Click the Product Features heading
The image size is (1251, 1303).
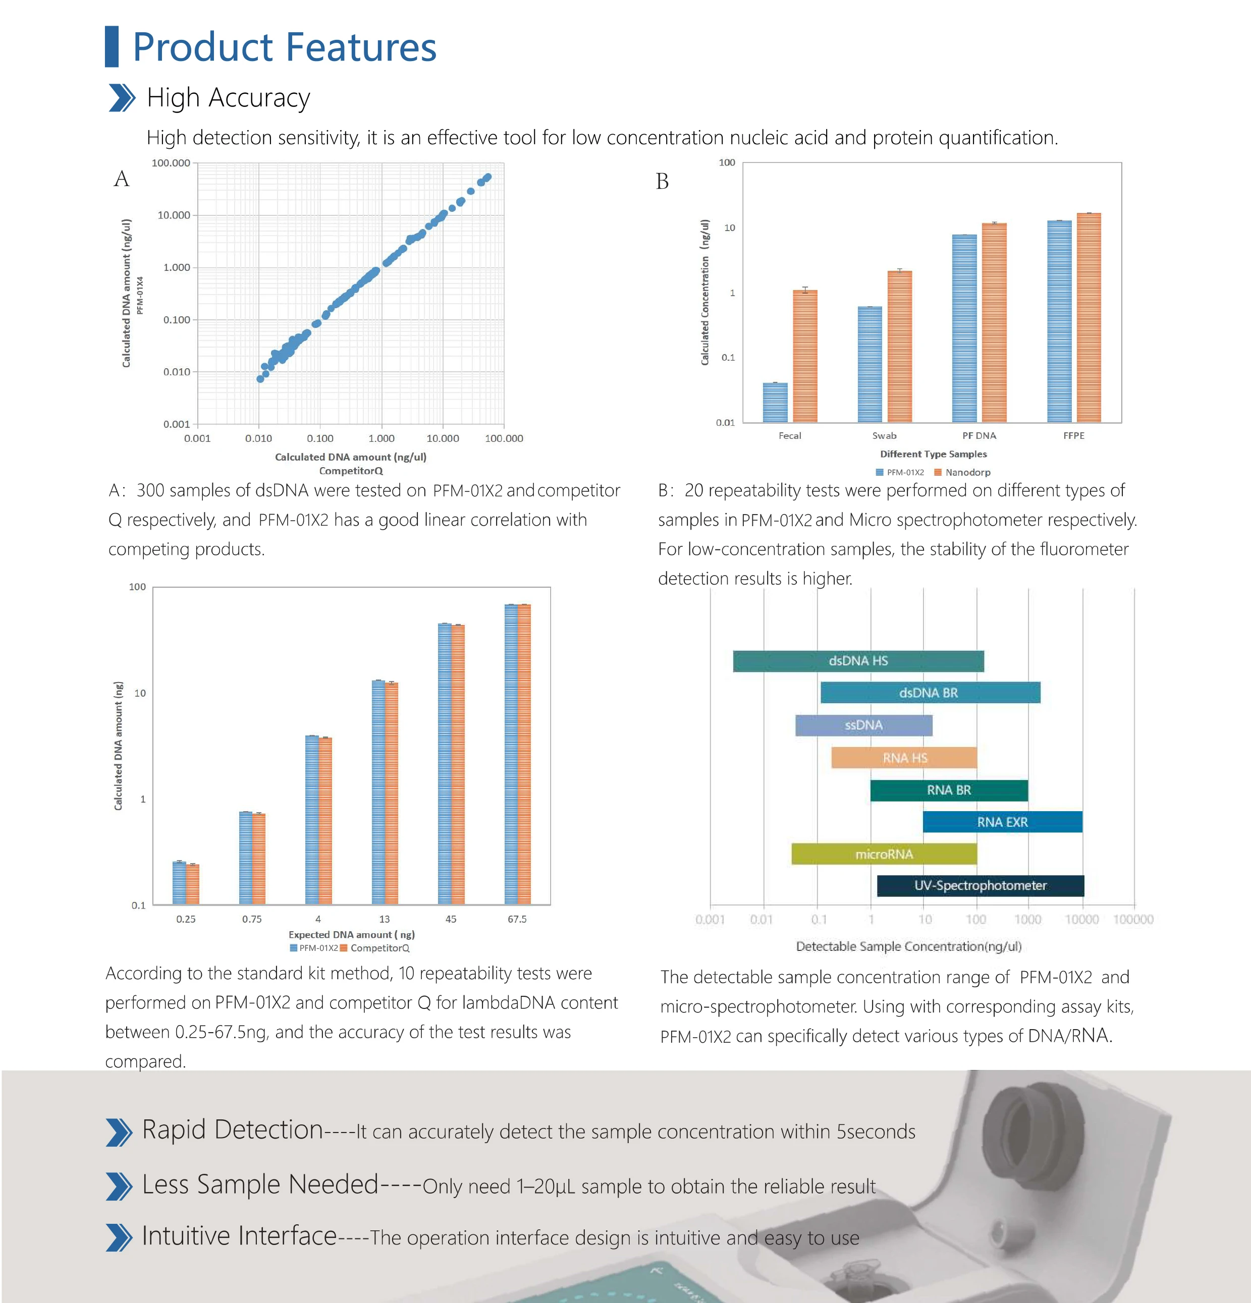pyautogui.click(x=284, y=47)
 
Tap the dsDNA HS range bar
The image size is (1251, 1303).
pyautogui.click(x=858, y=661)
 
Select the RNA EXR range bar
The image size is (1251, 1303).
pyautogui.click(x=1002, y=822)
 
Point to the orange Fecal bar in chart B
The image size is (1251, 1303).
pyautogui.click(x=805, y=356)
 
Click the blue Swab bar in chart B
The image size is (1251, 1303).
pyautogui.click(x=869, y=364)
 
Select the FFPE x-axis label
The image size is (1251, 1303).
pyautogui.click(x=1073, y=435)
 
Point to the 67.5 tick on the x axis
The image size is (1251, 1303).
pyautogui.click(x=517, y=919)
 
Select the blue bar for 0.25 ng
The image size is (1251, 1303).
pyautogui.click(x=179, y=882)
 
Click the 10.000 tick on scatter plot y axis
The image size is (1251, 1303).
pyautogui.click(x=174, y=215)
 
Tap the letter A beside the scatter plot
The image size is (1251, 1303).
pyautogui.click(x=121, y=179)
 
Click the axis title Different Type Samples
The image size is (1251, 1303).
pyautogui.click(x=933, y=454)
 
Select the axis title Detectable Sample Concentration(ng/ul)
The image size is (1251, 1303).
pyautogui.click(x=908, y=946)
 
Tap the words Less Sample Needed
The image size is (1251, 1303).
pyautogui.click(x=260, y=1184)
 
